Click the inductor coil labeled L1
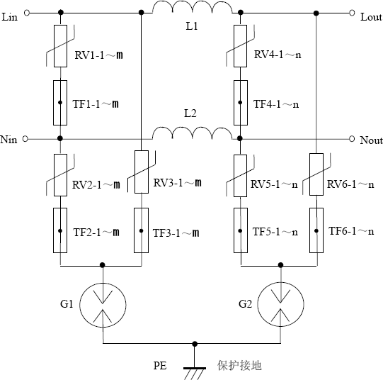(x=191, y=9)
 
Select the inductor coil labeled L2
(x=191, y=134)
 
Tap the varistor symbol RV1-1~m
(x=60, y=46)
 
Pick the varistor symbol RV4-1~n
(x=241, y=46)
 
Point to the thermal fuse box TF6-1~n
(x=315, y=231)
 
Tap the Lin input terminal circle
(x=26, y=13)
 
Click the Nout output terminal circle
(x=351, y=139)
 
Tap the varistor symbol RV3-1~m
(x=142, y=172)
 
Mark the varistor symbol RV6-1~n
(x=315, y=172)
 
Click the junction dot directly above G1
(x=103, y=265)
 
